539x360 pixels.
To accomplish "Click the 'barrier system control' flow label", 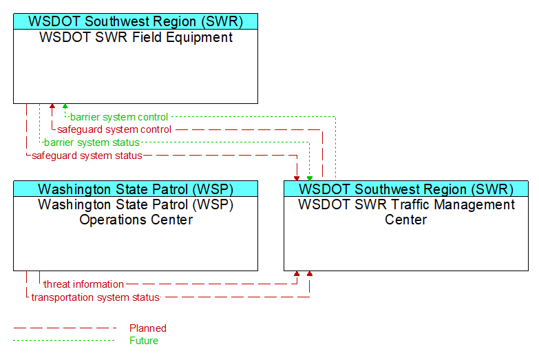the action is pos(119,117).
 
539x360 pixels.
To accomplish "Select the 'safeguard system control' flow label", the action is pos(114,129).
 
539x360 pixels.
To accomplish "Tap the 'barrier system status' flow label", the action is pos(92,142).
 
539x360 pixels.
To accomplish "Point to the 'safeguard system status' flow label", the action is pos(87,156).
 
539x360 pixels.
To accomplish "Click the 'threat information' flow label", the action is pos(83,284).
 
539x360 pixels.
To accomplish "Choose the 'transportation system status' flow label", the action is pos(96,297).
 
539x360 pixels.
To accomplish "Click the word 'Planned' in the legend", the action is pos(148,328).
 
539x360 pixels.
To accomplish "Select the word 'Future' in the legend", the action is pos(144,341).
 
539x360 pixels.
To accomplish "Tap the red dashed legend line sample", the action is pos(65,328).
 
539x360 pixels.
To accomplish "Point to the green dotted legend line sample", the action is pos(64,341).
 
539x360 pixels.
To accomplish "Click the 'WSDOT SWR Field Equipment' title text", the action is pos(136,37).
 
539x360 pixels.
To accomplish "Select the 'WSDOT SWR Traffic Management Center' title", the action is pos(406,212).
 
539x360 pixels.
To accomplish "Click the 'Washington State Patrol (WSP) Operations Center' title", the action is pos(136,212).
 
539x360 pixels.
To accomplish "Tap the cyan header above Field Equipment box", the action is pos(136,21).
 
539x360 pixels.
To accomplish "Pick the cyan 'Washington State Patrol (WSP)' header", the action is pos(136,189).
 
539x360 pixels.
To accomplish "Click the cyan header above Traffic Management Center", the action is pos(406,189).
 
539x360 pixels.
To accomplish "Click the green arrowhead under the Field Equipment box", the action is pos(65,106).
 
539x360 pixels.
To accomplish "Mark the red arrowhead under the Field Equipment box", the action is pos(52,106).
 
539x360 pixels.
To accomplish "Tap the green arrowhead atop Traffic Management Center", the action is pos(310,178).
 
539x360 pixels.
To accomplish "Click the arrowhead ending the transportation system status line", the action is pos(310,274).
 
